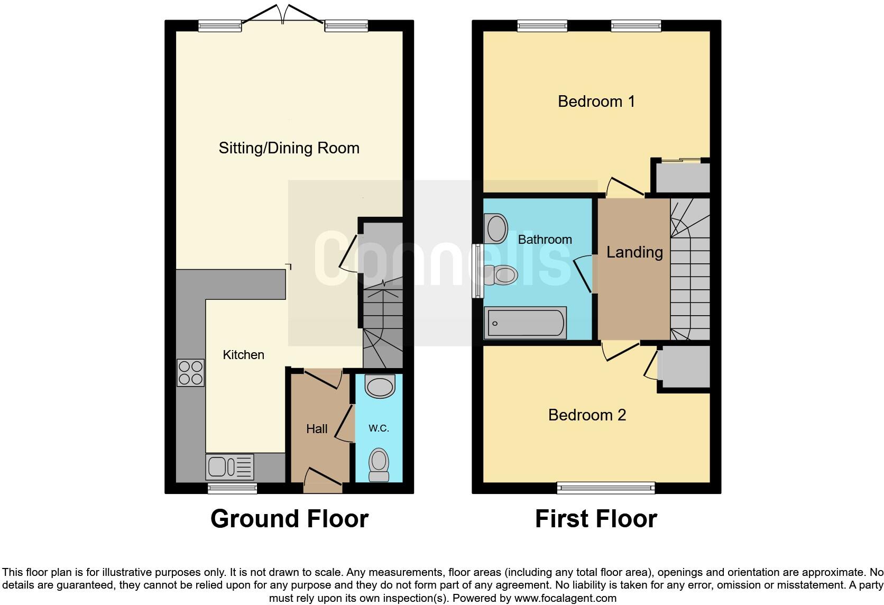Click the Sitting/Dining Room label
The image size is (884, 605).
point(289,148)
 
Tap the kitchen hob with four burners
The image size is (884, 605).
point(190,372)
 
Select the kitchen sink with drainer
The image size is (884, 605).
point(230,467)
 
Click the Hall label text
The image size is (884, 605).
point(317,429)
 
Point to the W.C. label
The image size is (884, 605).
point(379,428)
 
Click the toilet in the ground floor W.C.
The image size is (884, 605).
point(379,465)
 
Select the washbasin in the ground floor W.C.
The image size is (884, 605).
point(380,386)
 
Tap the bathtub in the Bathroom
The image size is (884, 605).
point(526,323)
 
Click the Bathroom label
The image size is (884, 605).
point(545,240)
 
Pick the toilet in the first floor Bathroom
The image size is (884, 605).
point(500,275)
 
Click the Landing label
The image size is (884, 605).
point(634,252)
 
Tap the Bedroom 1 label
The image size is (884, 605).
point(596,101)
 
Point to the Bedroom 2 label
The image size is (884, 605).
point(587,415)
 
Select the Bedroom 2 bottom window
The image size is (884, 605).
point(606,488)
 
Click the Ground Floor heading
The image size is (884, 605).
point(289,519)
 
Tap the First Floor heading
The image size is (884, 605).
point(596,519)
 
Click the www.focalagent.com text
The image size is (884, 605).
point(565,599)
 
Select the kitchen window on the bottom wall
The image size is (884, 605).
point(232,488)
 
